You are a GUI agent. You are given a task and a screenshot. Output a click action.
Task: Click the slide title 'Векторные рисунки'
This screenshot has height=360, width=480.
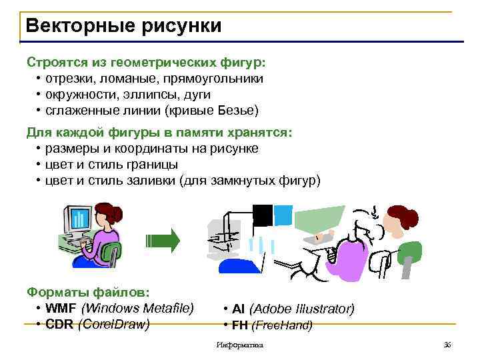pos(123,26)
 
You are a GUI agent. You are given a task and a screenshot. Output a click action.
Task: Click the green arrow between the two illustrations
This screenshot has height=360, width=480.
pos(163,240)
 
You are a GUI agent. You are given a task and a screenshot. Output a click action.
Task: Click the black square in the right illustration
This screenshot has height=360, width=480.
pos(263,215)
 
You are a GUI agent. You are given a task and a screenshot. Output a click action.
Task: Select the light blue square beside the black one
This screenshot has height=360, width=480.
pos(283,214)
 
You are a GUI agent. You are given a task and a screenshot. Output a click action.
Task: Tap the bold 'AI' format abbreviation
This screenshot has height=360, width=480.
pos(238,309)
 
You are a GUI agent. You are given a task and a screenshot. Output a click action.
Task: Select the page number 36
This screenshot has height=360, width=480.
pos(447,345)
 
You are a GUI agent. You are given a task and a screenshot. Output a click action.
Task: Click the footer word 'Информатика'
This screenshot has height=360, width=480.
pos(240,345)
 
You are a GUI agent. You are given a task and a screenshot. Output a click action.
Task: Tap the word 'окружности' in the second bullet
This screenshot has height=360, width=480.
pos(77,95)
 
